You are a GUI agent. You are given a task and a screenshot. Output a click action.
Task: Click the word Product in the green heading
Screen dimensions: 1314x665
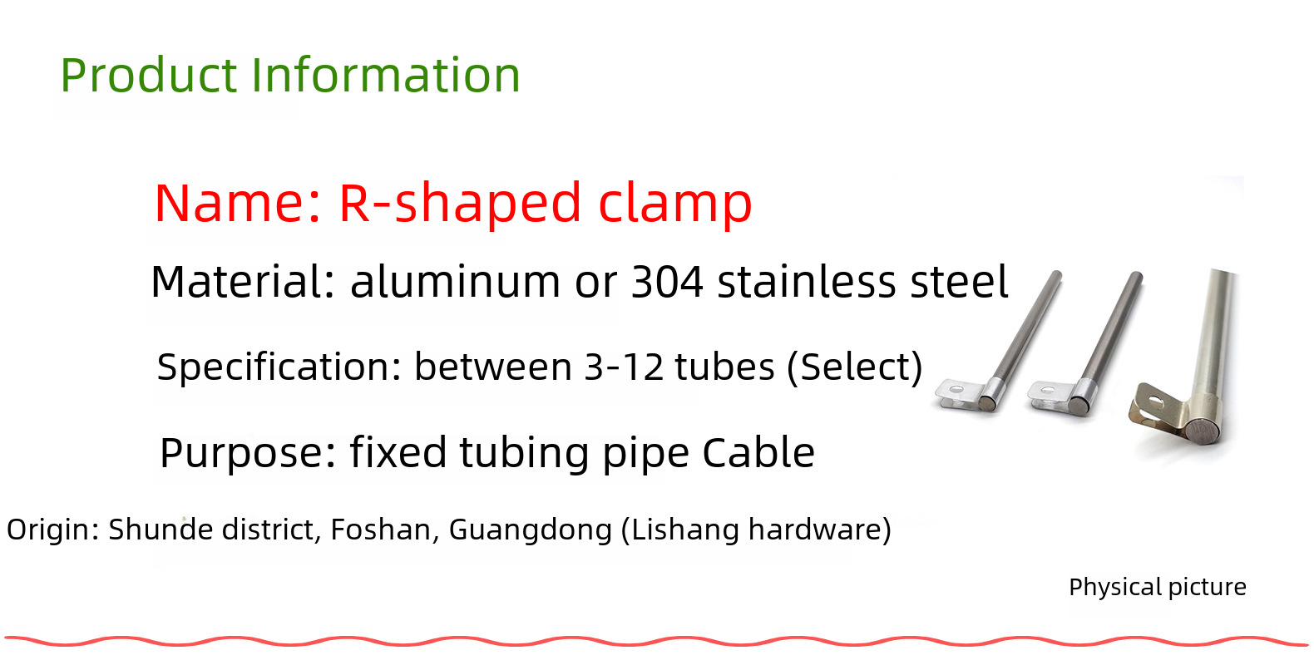(148, 75)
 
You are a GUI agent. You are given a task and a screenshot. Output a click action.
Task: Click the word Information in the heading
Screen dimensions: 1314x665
(386, 75)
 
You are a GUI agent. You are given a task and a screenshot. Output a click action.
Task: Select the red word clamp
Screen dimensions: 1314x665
(675, 204)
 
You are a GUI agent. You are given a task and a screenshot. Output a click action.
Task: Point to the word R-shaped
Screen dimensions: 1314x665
(460, 204)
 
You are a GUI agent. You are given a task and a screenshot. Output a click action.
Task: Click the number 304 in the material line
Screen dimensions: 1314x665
(667, 282)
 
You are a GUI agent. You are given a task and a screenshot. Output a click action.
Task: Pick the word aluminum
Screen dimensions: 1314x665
(455, 282)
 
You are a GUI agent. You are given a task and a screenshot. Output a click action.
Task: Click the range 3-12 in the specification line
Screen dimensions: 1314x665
(624, 367)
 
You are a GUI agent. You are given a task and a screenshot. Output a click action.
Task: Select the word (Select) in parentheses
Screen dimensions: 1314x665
(855, 367)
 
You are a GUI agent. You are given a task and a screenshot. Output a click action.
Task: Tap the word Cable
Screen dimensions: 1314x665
(758, 453)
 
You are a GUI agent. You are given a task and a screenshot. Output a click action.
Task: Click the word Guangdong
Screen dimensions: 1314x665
(531, 530)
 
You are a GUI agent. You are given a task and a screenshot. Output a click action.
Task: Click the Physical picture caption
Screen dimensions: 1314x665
(1158, 587)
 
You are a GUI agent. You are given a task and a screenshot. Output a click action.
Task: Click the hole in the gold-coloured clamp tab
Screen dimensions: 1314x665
(1157, 402)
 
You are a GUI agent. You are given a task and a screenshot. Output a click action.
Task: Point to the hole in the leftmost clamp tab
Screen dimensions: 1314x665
(956, 389)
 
